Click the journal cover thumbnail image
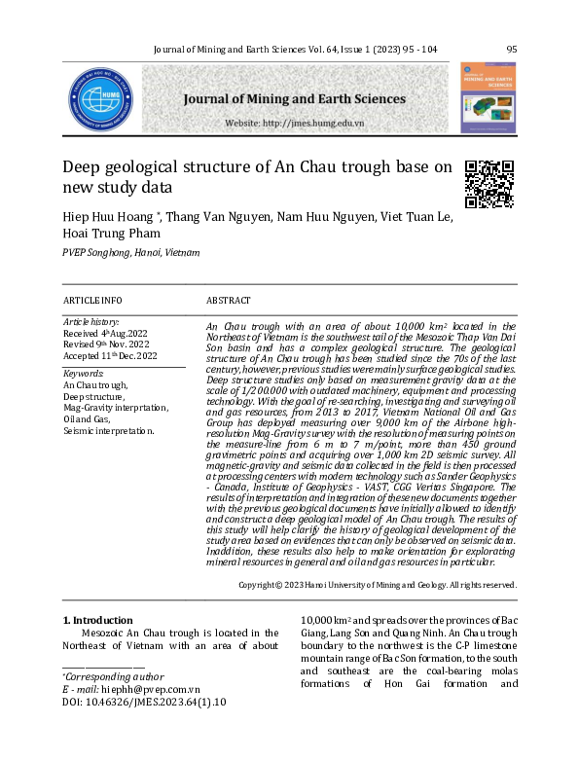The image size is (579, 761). tap(488, 98)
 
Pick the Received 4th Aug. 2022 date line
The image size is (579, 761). tap(105, 333)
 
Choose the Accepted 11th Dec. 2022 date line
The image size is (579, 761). tap(110, 355)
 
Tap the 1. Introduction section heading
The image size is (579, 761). tap(98, 620)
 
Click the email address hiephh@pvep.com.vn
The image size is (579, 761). tap(149, 688)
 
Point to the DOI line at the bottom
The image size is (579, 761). tap(144, 701)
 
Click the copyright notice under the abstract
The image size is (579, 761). tap(378, 585)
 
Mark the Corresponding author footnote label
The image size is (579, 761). tap(100, 675)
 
